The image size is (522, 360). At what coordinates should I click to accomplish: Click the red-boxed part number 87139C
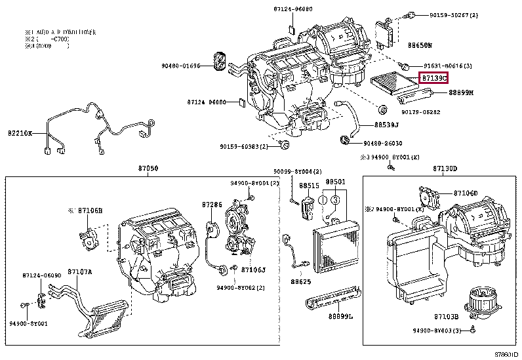pos(434,78)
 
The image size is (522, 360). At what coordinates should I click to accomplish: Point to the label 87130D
pos(445,169)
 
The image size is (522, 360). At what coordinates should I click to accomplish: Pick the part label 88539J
pos(388,123)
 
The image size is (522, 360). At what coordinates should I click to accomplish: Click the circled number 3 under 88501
pos(335,199)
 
